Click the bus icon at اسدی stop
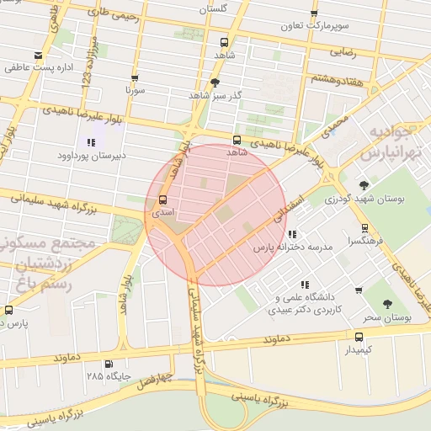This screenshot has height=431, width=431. pyautogui.click(x=162, y=200)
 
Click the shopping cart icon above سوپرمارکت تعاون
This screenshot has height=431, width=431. pyautogui.click(x=314, y=13)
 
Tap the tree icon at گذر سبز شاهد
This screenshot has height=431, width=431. pyautogui.click(x=215, y=82)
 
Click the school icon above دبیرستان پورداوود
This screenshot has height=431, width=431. pyautogui.click(x=90, y=142)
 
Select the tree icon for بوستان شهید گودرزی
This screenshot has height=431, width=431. pyautogui.click(x=364, y=185)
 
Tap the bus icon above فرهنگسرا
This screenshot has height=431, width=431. pyautogui.click(x=364, y=227)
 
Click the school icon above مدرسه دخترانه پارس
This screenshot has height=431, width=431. pyautogui.click(x=291, y=235)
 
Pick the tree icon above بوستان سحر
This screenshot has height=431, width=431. pyautogui.click(x=387, y=305)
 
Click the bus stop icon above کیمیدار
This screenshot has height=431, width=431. pyautogui.click(x=359, y=335)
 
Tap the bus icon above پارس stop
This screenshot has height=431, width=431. pyautogui.click(x=8, y=310)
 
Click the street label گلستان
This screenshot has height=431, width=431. pyautogui.click(x=213, y=8)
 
